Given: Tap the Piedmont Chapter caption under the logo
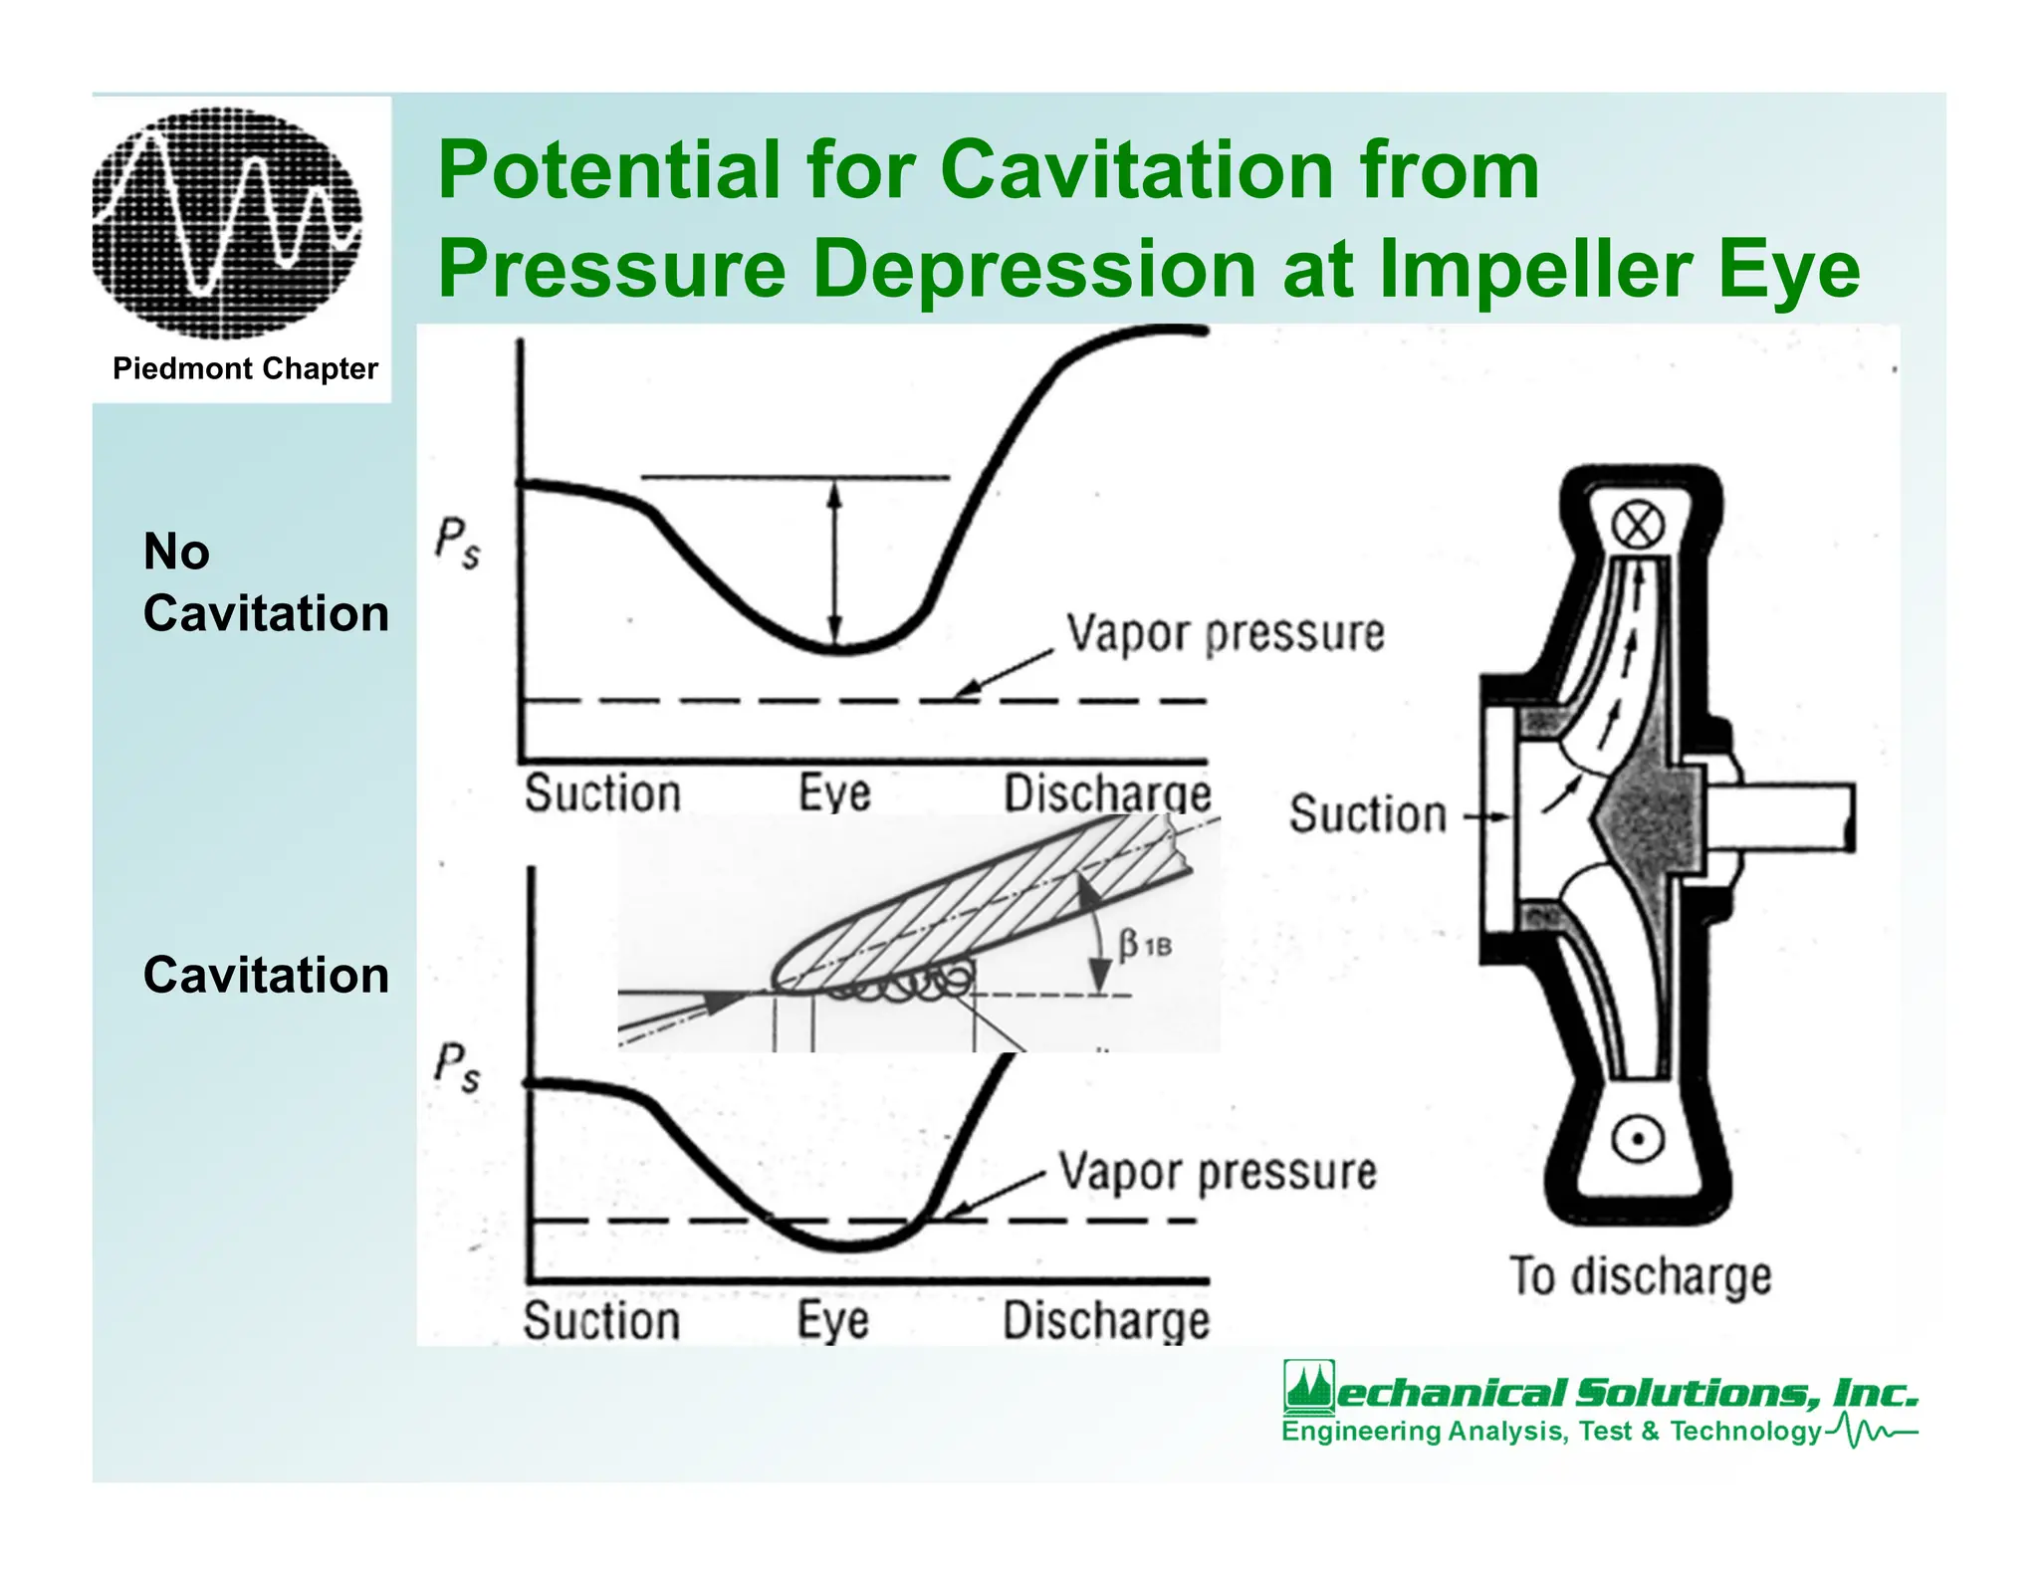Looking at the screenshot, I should (x=245, y=368).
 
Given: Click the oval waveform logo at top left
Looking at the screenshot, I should (x=227, y=221).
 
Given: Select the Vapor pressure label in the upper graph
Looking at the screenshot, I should (x=1226, y=633).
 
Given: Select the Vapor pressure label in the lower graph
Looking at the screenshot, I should (x=1218, y=1172).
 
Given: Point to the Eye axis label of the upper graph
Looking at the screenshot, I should (x=834, y=793).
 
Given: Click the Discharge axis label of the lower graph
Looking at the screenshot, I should (x=1106, y=1321).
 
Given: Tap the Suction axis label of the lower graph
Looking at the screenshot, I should (x=602, y=1321).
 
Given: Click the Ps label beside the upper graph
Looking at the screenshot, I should (x=457, y=544).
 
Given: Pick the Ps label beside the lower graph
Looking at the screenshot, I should (x=457, y=1067).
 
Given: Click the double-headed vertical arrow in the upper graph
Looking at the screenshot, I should (x=835, y=563).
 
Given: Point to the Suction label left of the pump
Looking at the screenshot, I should (x=1368, y=814).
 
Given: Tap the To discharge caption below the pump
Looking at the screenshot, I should (x=1641, y=1277).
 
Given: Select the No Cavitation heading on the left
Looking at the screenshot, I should (x=266, y=582).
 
